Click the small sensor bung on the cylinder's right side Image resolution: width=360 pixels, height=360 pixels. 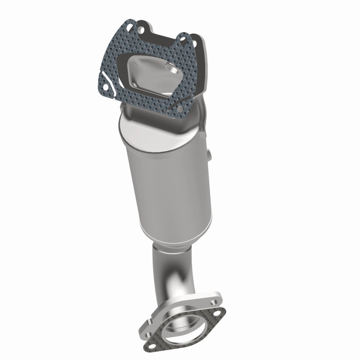210,155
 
